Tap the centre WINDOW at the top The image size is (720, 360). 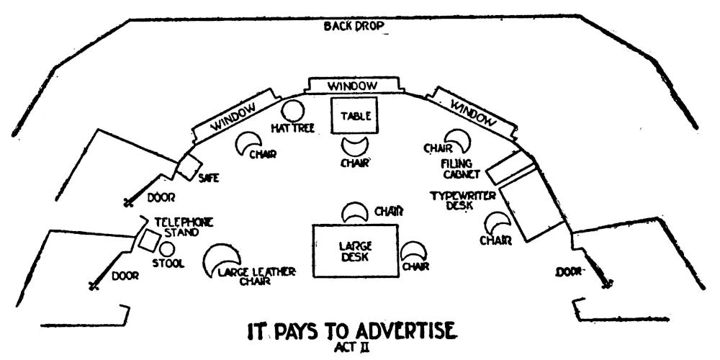pyautogui.click(x=353, y=86)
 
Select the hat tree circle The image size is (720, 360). pyautogui.click(x=292, y=110)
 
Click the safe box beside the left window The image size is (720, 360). pyautogui.click(x=189, y=166)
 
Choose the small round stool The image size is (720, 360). pyautogui.click(x=167, y=249)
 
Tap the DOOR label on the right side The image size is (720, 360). pyautogui.click(x=570, y=272)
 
